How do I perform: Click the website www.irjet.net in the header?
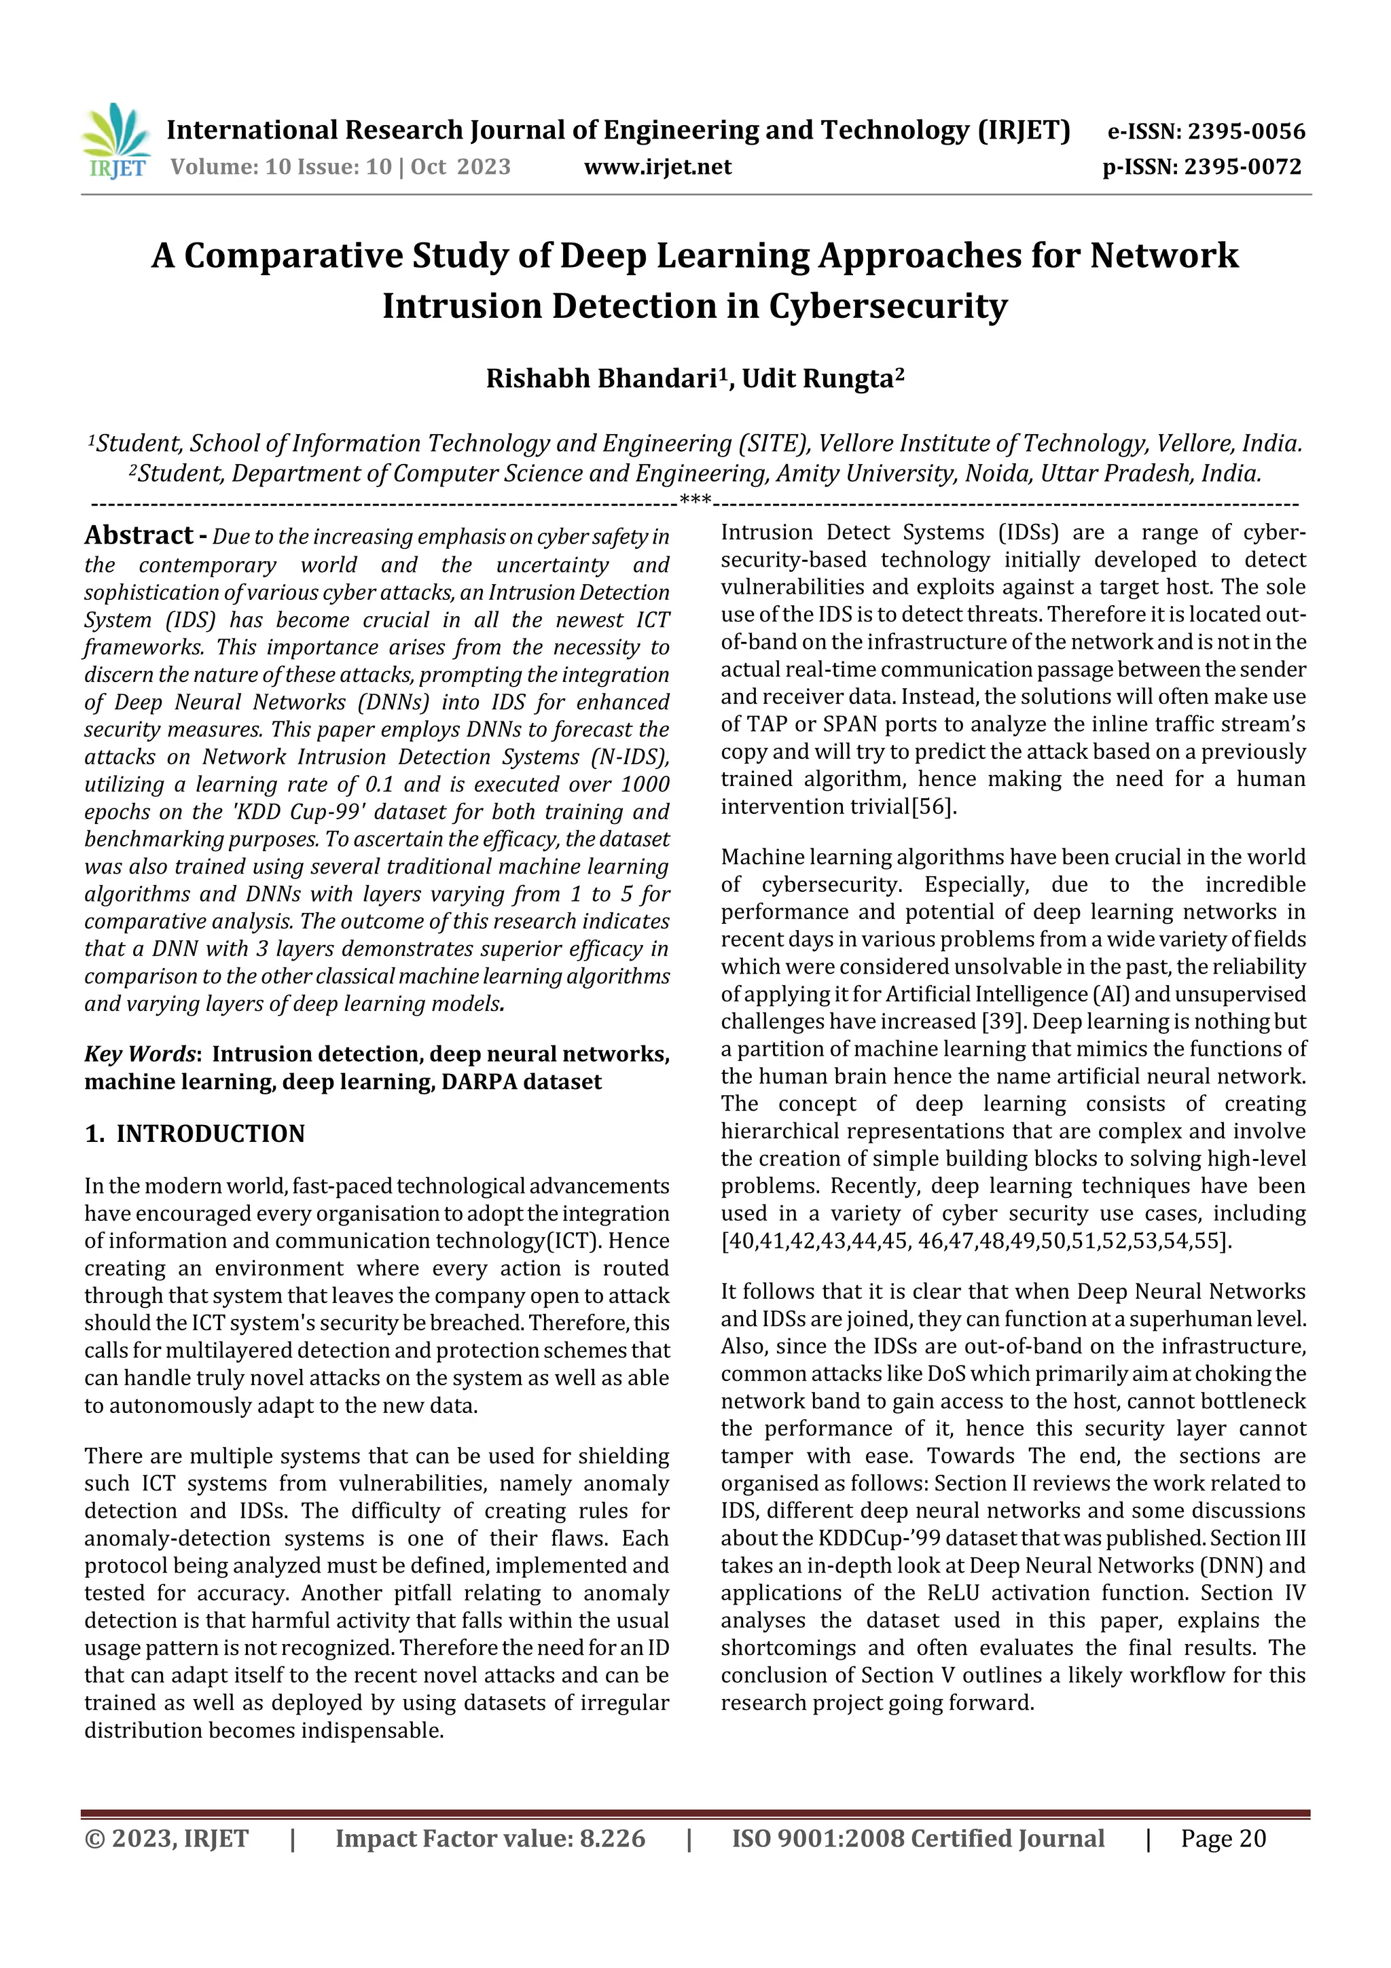tap(657, 167)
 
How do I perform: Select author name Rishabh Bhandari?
tap(602, 379)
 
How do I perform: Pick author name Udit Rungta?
tap(818, 379)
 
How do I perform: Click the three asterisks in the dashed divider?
tap(694, 501)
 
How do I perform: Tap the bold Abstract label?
tap(139, 536)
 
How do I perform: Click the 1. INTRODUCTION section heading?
tap(194, 1133)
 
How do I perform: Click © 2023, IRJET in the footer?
tap(166, 1838)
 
